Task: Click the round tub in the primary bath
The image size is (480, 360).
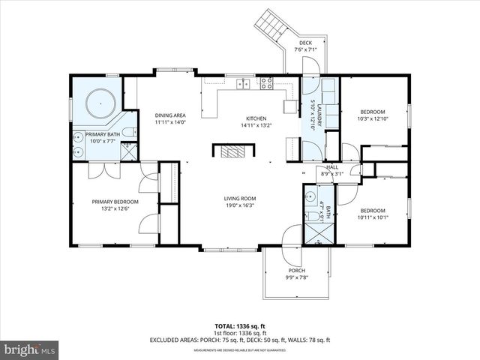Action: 97,101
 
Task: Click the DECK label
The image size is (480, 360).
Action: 305,43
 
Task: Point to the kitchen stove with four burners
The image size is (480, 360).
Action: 266,84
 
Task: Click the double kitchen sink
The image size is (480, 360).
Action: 242,84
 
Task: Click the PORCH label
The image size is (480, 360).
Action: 297,270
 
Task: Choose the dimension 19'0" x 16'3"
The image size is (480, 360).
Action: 239,205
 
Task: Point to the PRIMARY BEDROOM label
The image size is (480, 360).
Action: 115,201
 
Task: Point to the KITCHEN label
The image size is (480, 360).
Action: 256,118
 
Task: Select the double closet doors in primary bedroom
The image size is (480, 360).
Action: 100,170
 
